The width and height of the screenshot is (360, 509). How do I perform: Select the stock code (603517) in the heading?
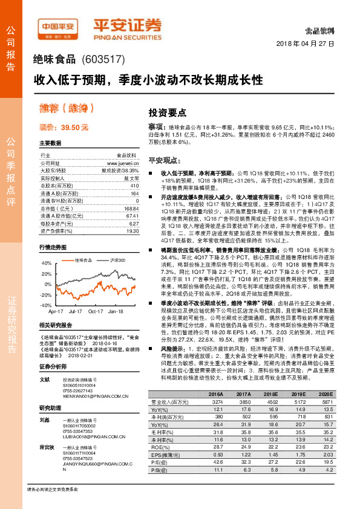(x=103, y=59)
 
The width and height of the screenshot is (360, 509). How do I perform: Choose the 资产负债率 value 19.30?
(x=133, y=231)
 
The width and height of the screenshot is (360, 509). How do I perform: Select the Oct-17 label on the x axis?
(x=95, y=311)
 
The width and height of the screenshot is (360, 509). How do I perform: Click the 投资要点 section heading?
(x=167, y=112)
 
